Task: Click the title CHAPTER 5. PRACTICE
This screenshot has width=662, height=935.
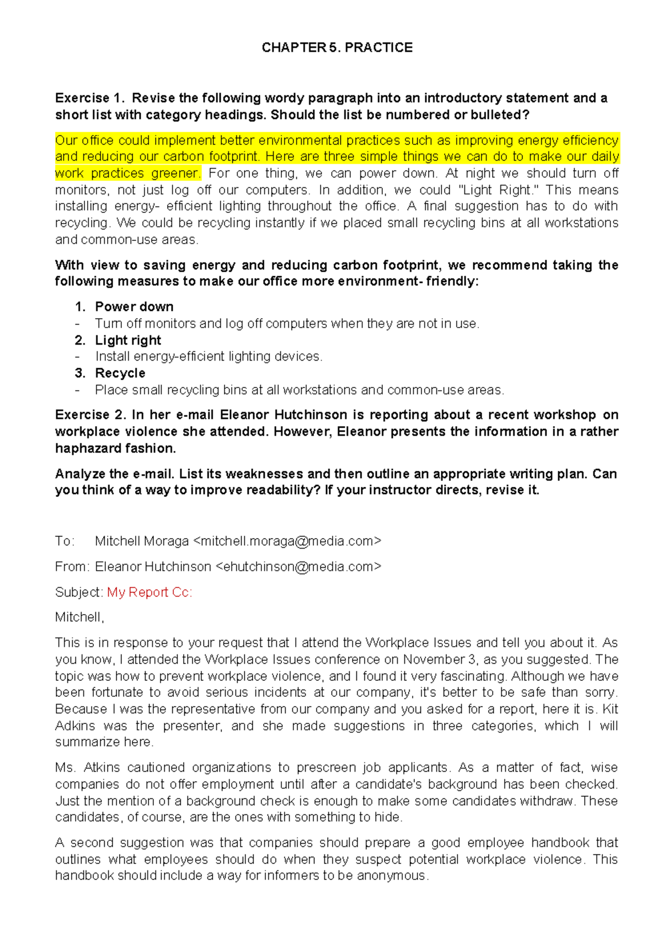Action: point(337,48)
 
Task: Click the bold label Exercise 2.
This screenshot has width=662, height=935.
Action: point(90,415)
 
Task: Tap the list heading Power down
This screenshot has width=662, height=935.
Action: point(134,307)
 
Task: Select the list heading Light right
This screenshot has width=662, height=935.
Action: point(128,340)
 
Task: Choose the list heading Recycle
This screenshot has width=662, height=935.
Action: point(120,373)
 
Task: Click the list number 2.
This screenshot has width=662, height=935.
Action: point(80,340)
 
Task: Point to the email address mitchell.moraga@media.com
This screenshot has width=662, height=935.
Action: point(287,541)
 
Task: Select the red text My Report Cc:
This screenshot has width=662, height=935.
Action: point(150,592)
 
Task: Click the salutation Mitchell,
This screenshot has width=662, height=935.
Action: point(79,617)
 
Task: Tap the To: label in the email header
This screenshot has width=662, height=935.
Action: point(65,541)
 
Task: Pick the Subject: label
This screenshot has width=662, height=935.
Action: point(79,592)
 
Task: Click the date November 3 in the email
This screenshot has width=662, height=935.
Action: point(436,659)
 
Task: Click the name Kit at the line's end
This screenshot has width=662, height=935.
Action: point(610,709)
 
